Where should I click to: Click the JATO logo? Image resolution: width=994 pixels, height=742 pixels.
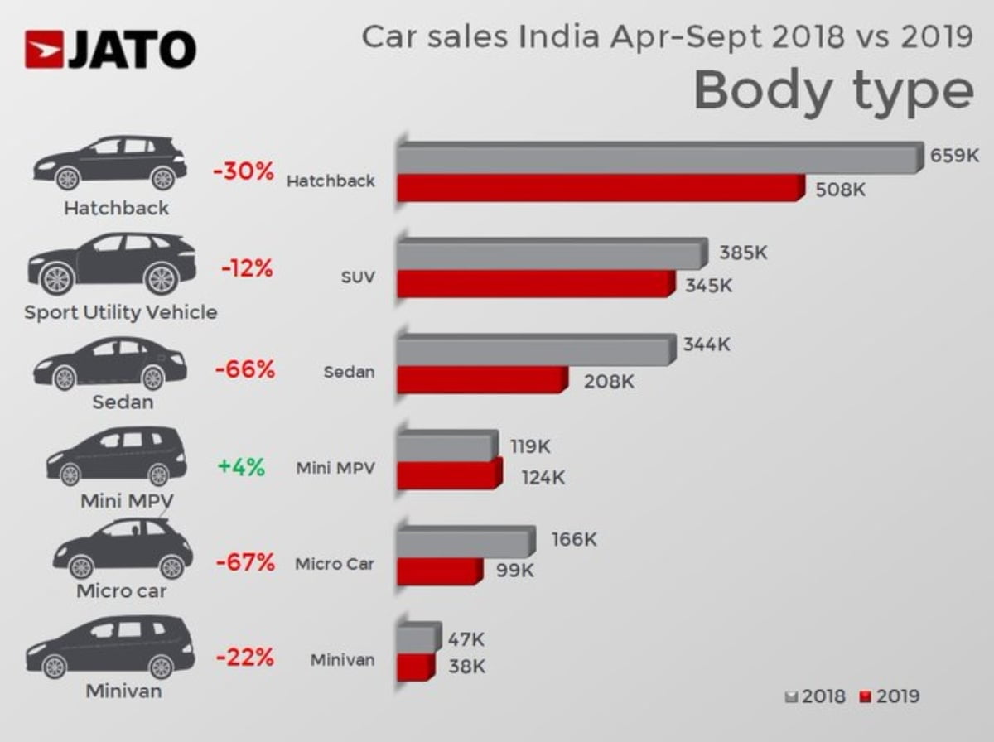point(110,49)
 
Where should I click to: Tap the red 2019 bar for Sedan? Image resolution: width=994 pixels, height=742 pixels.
point(480,380)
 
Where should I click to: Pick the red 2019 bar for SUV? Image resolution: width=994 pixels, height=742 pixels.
point(534,284)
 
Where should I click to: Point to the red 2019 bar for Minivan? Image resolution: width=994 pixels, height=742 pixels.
point(414,667)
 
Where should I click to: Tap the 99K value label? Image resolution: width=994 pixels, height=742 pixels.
point(514,570)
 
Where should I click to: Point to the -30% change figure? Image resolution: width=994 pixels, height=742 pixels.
point(243,172)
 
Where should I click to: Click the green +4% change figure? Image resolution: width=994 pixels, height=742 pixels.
point(241,467)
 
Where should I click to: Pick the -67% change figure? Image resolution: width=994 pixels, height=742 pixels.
point(244,563)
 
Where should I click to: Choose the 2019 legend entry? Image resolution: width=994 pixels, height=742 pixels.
point(890,696)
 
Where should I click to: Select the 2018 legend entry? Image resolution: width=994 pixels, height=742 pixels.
point(816,696)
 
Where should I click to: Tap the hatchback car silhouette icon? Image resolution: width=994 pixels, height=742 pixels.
point(110,163)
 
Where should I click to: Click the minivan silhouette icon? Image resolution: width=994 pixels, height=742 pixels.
point(110,647)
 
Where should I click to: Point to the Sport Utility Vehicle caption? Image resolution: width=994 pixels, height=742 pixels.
point(121,312)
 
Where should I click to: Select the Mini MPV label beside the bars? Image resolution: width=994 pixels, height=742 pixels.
point(335,468)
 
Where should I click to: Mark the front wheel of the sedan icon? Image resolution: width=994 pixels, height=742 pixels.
point(64,378)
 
